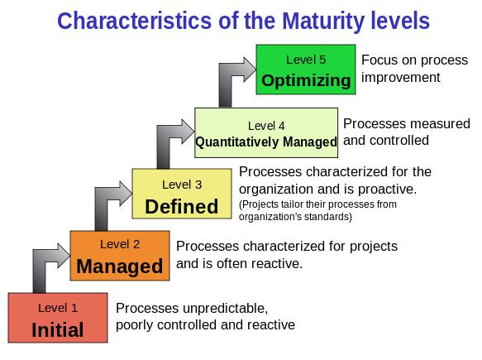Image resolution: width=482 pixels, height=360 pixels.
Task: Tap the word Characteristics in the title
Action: coord(134,21)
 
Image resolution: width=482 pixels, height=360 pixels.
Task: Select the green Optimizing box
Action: coord(306,70)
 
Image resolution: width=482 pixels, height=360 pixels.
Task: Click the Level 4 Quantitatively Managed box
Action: coord(266,132)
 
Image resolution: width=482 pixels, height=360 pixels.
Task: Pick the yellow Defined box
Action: coord(182,194)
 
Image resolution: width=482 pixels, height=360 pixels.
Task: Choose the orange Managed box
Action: coord(120,256)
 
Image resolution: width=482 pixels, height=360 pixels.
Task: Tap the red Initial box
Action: coord(58,318)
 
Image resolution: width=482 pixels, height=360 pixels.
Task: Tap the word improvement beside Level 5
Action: coord(400,78)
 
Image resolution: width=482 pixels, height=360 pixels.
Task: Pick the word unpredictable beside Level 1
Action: coord(224,309)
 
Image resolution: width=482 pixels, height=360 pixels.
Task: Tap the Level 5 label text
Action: coord(306,60)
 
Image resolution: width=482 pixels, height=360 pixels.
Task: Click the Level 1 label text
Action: coord(58,308)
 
